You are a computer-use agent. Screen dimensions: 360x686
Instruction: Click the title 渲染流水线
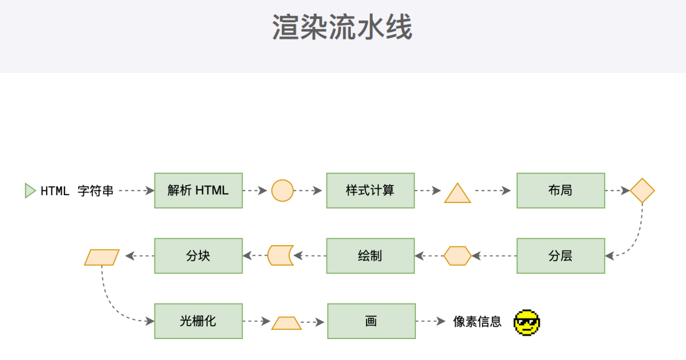342,28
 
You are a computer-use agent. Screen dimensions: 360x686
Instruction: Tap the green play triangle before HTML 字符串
30,191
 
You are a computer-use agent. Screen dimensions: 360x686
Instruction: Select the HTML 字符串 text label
77,191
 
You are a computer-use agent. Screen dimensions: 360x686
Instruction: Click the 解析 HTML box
198,191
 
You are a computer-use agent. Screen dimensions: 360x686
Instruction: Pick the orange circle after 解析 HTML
282,191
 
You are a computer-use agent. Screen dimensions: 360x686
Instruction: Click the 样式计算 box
371,191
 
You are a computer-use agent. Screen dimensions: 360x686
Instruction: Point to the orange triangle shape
457,193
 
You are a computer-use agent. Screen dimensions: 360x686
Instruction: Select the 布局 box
560,191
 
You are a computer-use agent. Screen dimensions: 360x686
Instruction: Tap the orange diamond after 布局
642,191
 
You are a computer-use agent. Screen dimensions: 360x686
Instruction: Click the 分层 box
560,256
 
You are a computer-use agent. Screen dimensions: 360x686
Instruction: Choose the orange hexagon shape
457,256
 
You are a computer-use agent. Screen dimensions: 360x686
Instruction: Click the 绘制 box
371,256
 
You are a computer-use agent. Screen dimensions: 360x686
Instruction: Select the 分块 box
198,256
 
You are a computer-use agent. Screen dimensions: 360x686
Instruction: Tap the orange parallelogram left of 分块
102,257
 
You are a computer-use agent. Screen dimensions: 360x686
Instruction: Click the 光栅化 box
198,321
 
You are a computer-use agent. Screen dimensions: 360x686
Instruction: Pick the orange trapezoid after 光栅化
286,323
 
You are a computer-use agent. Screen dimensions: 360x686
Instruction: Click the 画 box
371,321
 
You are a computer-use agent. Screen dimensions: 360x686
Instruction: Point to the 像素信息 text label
478,322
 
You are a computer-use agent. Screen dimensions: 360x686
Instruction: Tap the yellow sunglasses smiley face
526,322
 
